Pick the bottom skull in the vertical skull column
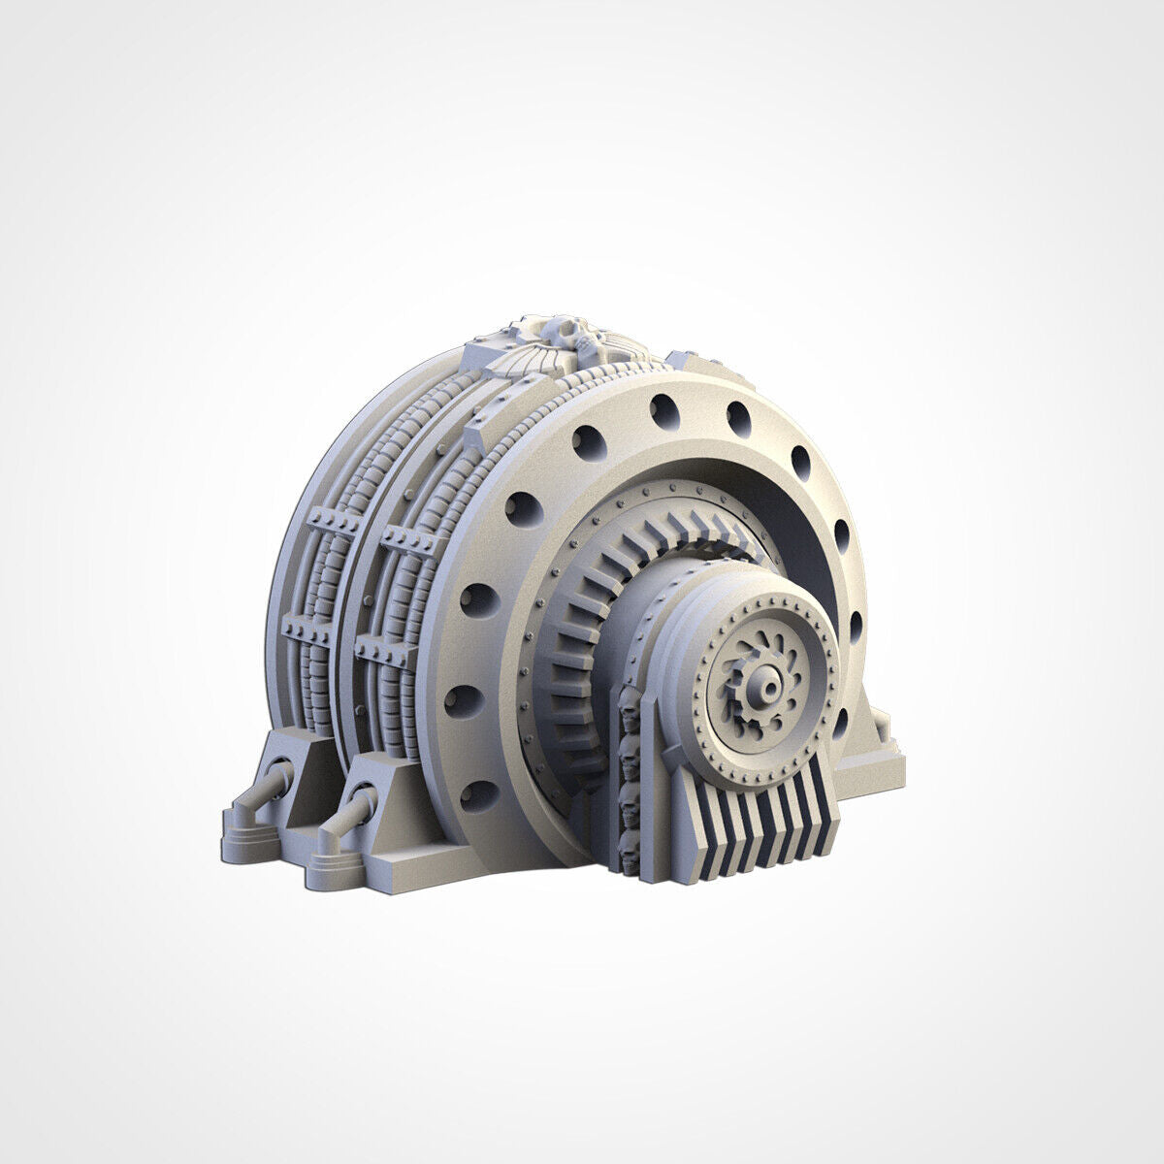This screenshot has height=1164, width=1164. [628, 857]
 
